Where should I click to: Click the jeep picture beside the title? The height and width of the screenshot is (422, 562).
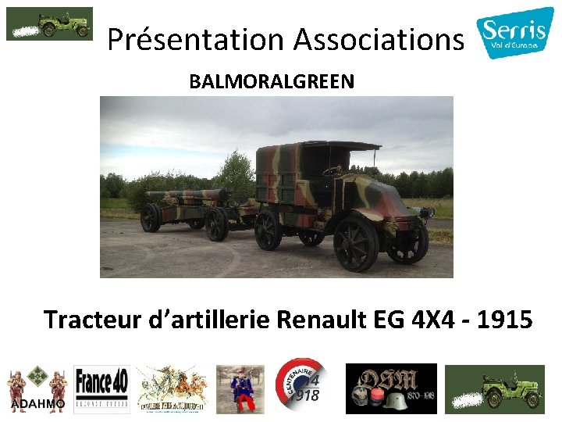point(49,23)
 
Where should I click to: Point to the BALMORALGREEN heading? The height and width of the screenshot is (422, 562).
point(271,81)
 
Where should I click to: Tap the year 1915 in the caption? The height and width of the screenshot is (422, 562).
point(503,319)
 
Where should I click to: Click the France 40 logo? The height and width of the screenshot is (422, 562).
point(101,388)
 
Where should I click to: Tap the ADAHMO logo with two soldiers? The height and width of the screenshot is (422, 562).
point(37,388)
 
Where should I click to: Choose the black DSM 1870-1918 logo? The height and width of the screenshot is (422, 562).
point(391,388)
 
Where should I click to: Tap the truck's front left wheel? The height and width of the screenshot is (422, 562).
point(356,243)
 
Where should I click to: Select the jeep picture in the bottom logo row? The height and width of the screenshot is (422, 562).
point(494,388)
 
